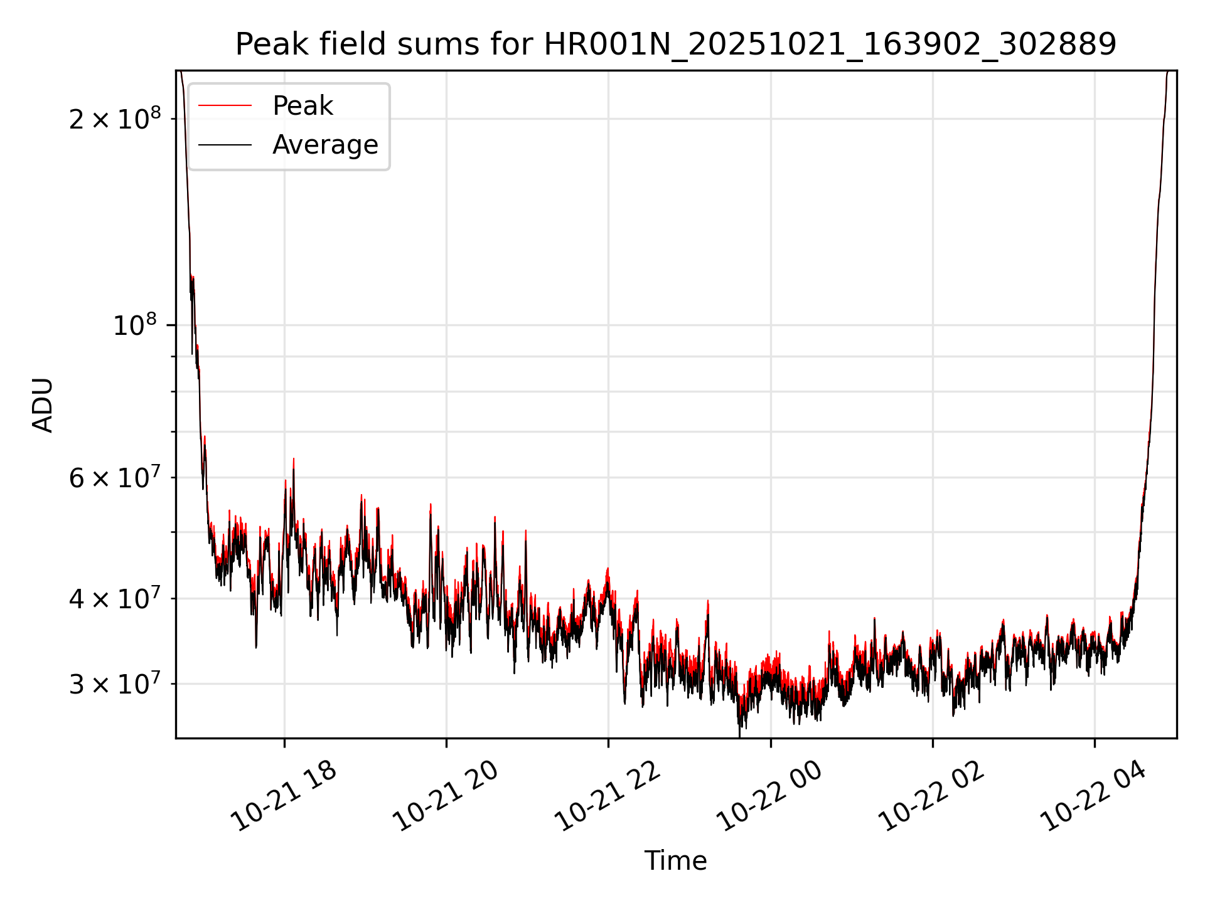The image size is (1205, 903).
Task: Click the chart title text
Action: [x=675, y=45]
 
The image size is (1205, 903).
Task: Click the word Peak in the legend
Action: [x=303, y=106]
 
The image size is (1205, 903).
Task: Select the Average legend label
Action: [x=325, y=145]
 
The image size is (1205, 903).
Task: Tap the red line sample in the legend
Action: [x=225, y=106]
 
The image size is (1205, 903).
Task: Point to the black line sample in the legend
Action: [x=225, y=145]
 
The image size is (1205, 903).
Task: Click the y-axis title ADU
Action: [x=43, y=404]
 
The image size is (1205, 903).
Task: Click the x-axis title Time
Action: [x=675, y=861]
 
